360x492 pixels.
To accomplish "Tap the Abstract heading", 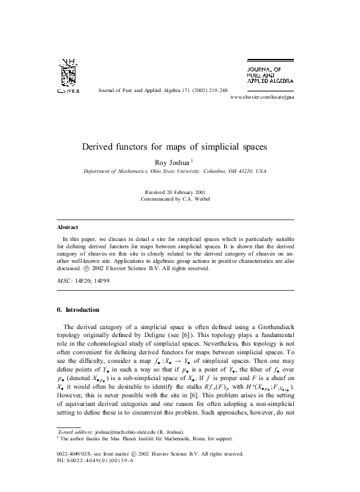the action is pos(68,227).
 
